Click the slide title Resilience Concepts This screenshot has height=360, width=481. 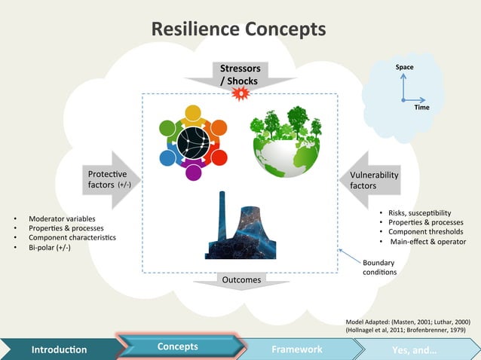coord(239,29)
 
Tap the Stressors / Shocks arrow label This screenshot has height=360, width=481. coord(239,75)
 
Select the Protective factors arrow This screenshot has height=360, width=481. coord(114,179)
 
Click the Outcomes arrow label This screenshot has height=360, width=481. coord(240,280)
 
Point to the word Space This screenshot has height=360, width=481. coord(404,68)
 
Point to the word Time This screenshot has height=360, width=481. coord(421,107)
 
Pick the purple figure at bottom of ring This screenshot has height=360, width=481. coord(193,171)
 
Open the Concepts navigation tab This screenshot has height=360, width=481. coord(178,346)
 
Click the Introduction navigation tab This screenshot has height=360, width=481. coord(59,349)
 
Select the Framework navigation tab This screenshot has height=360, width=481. coord(297,349)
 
